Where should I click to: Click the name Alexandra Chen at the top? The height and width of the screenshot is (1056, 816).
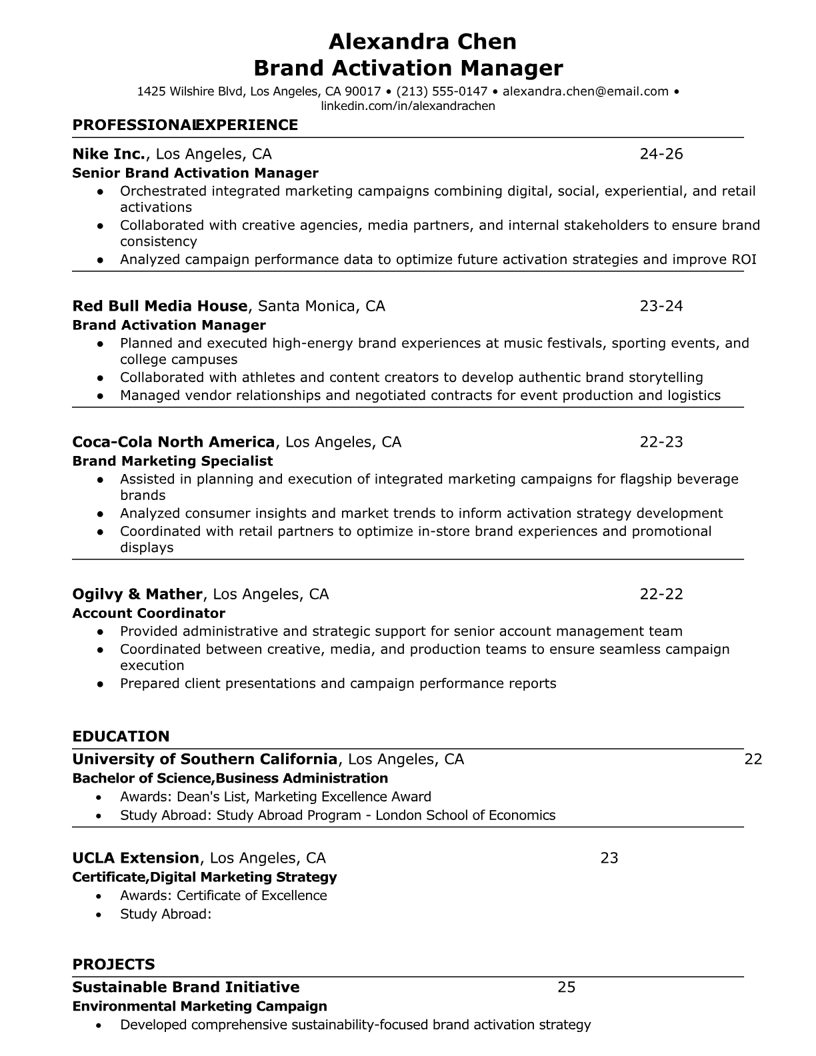click(423, 42)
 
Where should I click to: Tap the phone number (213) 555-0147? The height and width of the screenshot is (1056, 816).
click(442, 91)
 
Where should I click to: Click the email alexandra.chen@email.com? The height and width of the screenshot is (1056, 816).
click(585, 91)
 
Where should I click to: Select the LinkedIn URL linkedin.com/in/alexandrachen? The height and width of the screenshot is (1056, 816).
click(408, 106)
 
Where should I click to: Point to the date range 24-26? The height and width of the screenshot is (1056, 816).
click(661, 154)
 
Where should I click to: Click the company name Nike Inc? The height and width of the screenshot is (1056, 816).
click(109, 154)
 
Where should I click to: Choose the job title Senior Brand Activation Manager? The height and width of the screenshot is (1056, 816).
click(195, 173)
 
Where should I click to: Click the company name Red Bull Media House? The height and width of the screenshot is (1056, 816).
click(160, 306)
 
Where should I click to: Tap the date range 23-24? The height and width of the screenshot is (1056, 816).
click(661, 306)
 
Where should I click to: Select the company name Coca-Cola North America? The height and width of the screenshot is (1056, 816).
click(173, 442)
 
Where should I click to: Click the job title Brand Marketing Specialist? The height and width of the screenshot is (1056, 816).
click(173, 461)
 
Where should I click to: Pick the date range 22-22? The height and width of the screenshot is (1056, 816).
click(661, 594)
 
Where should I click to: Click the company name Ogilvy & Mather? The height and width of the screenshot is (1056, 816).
click(137, 594)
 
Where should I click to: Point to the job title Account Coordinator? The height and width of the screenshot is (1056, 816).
click(149, 613)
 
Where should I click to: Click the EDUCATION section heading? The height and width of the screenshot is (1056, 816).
click(121, 737)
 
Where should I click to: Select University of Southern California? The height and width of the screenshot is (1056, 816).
click(205, 759)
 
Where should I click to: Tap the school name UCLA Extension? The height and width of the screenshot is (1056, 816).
click(136, 858)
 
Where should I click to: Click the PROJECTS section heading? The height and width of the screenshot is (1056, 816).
click(113, 965)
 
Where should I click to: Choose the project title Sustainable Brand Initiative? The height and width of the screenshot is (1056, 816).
click(186, 987)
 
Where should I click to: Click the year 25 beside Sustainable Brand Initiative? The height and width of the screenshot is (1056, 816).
click(566, 987)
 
